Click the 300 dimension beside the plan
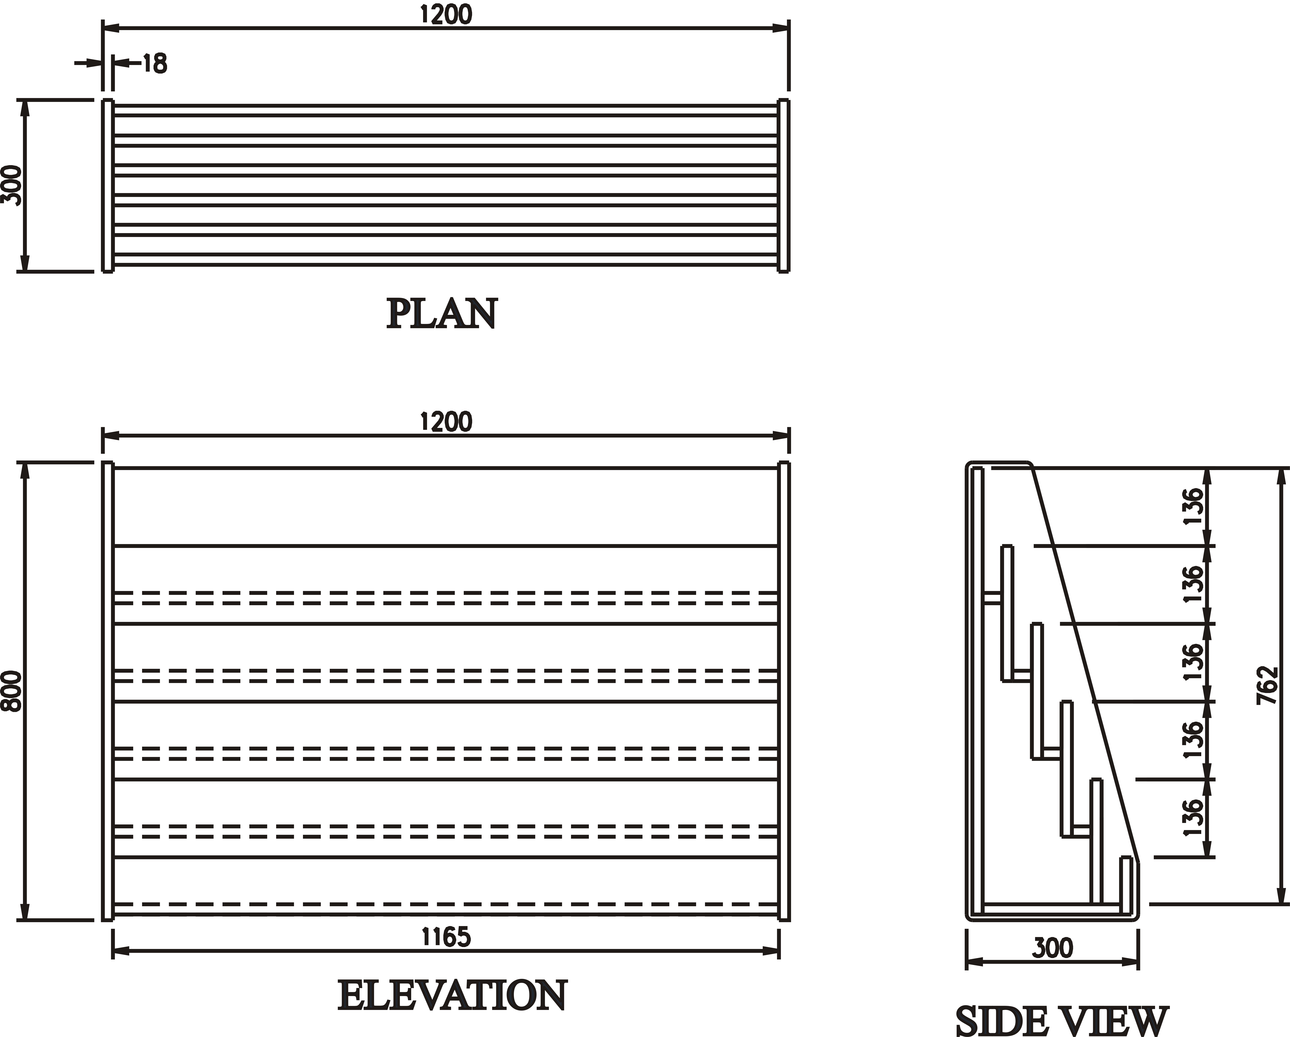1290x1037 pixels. pos(12,186)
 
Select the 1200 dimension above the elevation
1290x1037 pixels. pos(446,422)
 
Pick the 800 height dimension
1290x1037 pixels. pos(12,691)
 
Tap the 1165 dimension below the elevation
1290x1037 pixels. pos(446,936)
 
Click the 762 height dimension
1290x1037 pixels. pos(1268,685)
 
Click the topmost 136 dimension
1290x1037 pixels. pos(1192,506)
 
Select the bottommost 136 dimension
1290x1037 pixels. pos(1192,818)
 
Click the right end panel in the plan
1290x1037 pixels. pos(784,186)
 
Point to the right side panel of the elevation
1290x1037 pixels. pos(784,691)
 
